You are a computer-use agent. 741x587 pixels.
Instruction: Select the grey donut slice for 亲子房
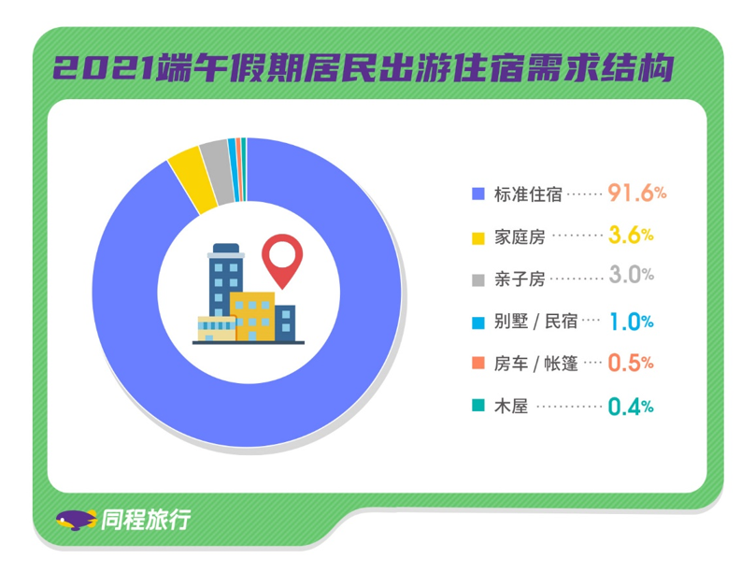[x=217, y=171]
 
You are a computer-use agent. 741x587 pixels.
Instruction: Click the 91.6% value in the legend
[x=636, y=193]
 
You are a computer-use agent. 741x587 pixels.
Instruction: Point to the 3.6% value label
[x=631, y=235]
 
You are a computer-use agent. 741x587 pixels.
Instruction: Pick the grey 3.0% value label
[x=632, y=275]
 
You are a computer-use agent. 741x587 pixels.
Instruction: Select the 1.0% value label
[x=632, y=322]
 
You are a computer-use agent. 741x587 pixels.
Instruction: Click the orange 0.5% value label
[x=631, y=363]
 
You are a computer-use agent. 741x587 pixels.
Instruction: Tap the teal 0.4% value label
[x=631, y=407]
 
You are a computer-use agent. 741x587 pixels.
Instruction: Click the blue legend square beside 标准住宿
[x=478, y=193]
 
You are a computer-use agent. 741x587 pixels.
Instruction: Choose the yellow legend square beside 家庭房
[x=478, y=238]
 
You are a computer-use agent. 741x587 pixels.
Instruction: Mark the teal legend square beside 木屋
[x=478, y=406]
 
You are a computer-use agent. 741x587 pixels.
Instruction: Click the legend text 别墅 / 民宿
[x=536, y=322]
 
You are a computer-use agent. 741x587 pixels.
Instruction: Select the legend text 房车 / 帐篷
[x=536, y=364]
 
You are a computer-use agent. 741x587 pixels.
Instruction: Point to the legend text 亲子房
[x=520, y=279]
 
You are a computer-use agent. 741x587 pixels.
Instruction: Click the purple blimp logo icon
[x=76, y=520]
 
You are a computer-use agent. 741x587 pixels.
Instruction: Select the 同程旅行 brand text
[x=146, y=520]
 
